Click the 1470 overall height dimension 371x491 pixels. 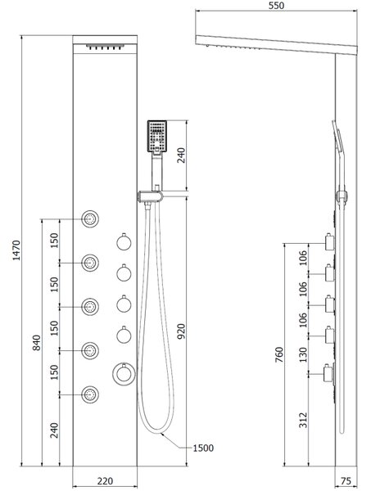pyautogui.click(x=16, y=250)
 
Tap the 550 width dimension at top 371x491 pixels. pyautogui.click(x=276, y=6)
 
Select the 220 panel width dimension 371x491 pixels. pyautogui.click(x=105, y=480)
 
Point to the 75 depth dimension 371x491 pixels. pyautogui.click(x=346, y=480)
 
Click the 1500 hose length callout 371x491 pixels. pyautogui.click(x=203, y=448)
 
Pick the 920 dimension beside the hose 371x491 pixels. pyautogui.click(x=182, y=331)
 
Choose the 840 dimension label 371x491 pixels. pyautogui.click(x=37, y=343)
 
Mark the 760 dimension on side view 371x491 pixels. pyautogui.click(x=279, y=354)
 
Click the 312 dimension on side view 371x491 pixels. pyautogui.click(x=303, y=420)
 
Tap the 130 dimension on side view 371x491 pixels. pyautogui.click(x=303, y=354)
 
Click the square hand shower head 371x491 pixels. pyautogui.click(x=157, y=137)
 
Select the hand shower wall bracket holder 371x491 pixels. pyautogui.click(x=150, y=196)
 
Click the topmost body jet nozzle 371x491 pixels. pyautogui.click(x=90, y=218)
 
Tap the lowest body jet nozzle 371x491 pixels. pyautogui.click(x=90, y=394)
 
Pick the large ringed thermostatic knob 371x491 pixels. pyautogui.click(x=124, y=374)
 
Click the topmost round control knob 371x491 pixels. pyautogui.click(x=124, y=242)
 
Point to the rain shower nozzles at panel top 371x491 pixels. pyautogui.click(x=105, y=47)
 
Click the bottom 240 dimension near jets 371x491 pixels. pyautogui.click(x=55, y=430)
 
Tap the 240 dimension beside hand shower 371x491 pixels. pyautogui.click(x=182, y=155)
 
